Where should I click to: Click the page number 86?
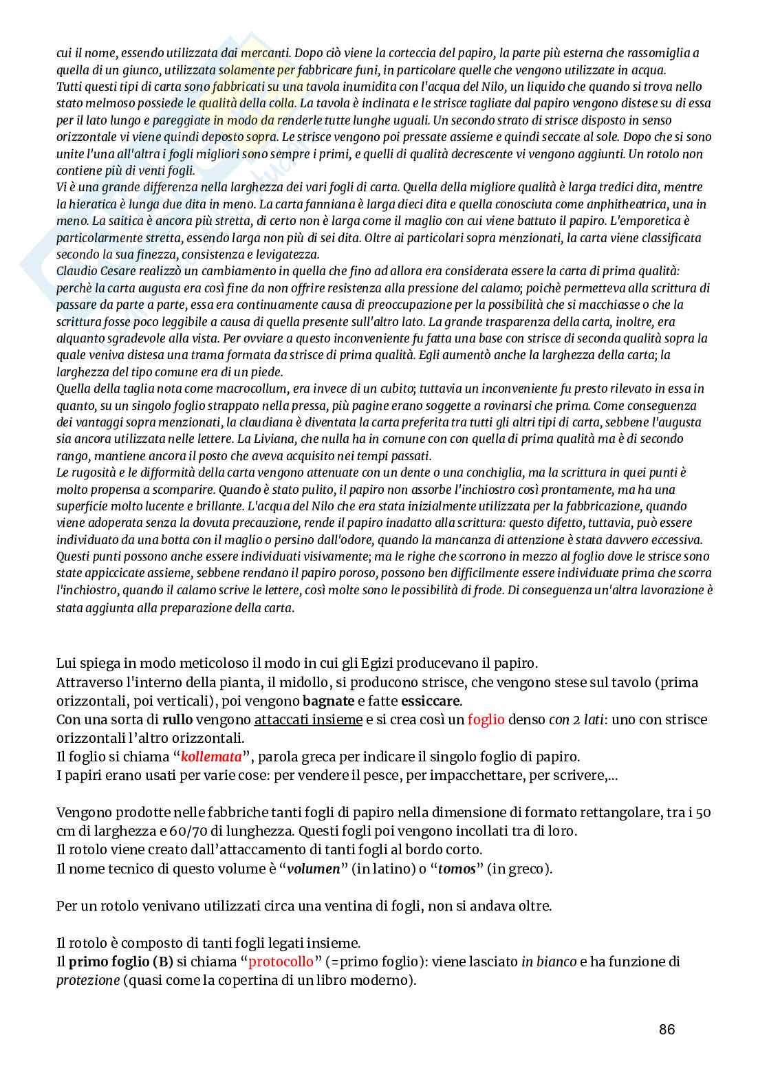[x=667, y=1030]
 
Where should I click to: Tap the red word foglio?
[x=486, y=720]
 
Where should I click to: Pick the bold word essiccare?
[x=431, y=702]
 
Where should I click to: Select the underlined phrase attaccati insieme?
[x=308, y=720]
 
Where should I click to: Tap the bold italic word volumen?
[x=314, y=869]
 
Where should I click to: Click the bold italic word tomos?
[x=458, y=869]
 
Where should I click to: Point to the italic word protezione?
[x=87, y=980]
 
